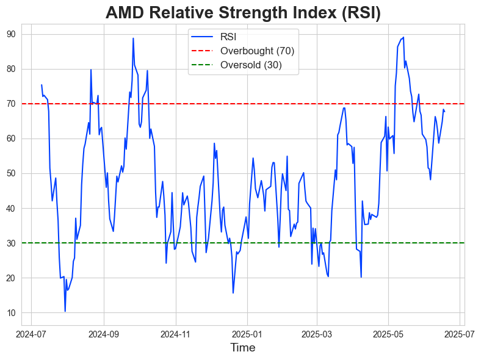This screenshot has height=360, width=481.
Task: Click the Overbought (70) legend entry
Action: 257,51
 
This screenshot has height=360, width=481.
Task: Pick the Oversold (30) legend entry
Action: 251,65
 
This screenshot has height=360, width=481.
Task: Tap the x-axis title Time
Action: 242,348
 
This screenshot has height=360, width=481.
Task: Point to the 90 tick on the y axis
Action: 11,34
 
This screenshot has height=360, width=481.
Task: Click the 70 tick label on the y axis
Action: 11,104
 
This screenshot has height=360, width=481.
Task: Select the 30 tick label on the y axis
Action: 11,243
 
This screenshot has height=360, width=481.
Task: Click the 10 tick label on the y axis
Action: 11,313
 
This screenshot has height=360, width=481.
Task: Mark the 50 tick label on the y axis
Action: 11,174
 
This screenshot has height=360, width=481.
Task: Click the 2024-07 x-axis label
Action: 31,334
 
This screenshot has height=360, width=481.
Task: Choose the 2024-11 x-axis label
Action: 175,334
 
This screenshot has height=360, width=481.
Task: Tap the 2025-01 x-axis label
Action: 247,334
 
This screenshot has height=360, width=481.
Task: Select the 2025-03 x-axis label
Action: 316,334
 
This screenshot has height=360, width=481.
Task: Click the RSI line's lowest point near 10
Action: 65,311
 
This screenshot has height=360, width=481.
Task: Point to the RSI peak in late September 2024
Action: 133,38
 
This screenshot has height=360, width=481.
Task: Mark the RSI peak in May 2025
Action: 403,37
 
